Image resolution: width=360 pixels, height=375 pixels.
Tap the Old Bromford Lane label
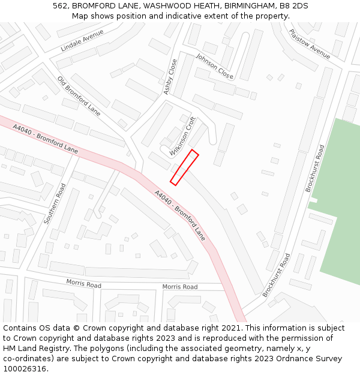pyautogui.click(x=79, y=95)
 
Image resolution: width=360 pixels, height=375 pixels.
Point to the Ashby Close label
pyautogui.click(x=170, y=76)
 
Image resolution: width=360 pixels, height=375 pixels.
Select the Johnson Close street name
pyautogui.click(x=214, y=66)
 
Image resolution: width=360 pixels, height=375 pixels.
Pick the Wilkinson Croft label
pyautogui.click(x=183, y=136)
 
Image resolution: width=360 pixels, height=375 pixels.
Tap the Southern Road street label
pyautogui.click(x=55, y=204)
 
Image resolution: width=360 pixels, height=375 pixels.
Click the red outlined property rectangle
pyautogui.click(x=184, y=167)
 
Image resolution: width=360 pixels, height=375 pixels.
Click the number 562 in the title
pyautogui.click(x=60, y=6)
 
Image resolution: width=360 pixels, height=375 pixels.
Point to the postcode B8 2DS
pyautogui.click(x=293, y=6)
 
